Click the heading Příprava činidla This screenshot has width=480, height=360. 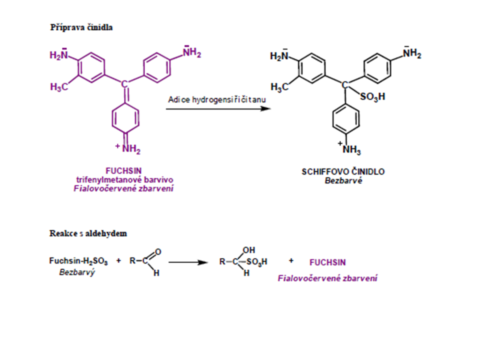[81, 27]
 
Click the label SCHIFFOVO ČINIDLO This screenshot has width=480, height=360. [343, 172]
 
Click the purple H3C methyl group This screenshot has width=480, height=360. [59, 87]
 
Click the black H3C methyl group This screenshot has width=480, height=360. [279, 87]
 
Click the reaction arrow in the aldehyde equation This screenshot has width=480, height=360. [188, 261]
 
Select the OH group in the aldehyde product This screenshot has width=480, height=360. [248, 249]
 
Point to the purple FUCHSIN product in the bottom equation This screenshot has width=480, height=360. [327, 261]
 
